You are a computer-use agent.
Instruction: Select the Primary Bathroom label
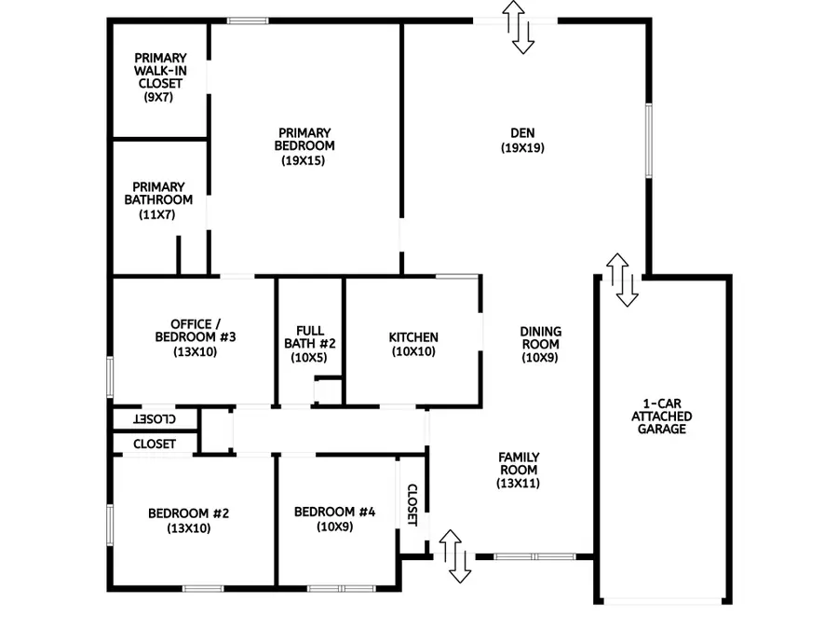pyautogui.click(x=157, y=193)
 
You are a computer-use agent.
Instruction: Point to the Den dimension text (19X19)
pyautogui.click(x=522, y=147)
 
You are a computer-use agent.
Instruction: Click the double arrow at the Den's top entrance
pyautogui.click(x=519, y=26)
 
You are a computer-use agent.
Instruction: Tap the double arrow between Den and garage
pyautogui.click(x=623, y=279)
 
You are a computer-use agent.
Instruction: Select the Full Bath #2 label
pyautogui.click(x=309, y=336)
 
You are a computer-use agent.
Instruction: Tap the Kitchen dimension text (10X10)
pyautogui.click(x=413, y=352)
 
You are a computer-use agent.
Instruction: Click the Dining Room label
pyautogui.click(x=539, y=337)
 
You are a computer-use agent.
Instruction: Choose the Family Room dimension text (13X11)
pyautogui.click(x=519, y=484)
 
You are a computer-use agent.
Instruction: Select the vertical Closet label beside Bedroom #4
pyautogui.click(x=412, y=504)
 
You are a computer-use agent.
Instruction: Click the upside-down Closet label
pyautogui.click(x=156, y=419)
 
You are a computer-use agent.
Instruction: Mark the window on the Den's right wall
pyautogui.click(x=649, y=140)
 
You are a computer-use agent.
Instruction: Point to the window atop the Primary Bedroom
pyautogui.click(x=248, y=21)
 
